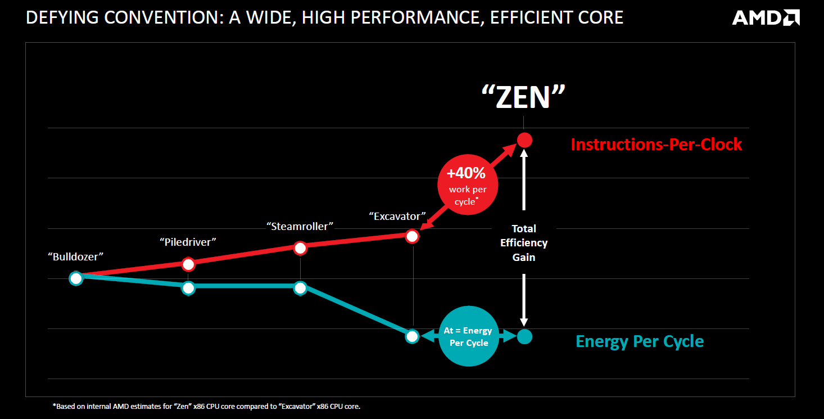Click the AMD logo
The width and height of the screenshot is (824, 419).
766,17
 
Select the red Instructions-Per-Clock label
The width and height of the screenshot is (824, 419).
656,145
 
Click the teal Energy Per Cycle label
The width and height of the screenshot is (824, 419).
640,341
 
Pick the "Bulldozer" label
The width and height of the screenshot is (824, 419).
76,256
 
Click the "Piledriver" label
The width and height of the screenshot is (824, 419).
188,242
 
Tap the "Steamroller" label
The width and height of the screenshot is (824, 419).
300,226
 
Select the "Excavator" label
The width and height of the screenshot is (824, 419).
397,216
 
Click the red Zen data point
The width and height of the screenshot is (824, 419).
524,139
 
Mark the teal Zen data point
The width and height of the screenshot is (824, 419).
524,336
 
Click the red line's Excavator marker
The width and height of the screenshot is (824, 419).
412,236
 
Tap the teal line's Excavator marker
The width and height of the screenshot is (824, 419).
412,336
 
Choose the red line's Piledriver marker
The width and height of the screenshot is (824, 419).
188,264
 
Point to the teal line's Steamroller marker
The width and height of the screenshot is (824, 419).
300,287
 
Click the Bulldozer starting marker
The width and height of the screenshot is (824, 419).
76,278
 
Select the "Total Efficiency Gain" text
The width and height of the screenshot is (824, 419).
524,243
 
